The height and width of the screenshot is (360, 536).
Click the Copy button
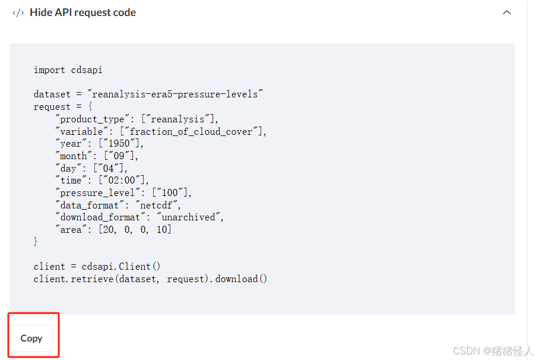(31, 338)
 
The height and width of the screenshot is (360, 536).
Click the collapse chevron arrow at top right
(506, 12)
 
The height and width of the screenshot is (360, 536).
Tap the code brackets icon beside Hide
(18, 12)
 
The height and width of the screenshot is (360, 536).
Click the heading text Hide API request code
(83, 12)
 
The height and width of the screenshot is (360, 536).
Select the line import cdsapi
(68, 70)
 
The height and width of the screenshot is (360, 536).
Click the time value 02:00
(125, 181)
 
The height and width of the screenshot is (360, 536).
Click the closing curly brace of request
(36, 242)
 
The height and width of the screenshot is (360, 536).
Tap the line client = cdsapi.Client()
(97, 267)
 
